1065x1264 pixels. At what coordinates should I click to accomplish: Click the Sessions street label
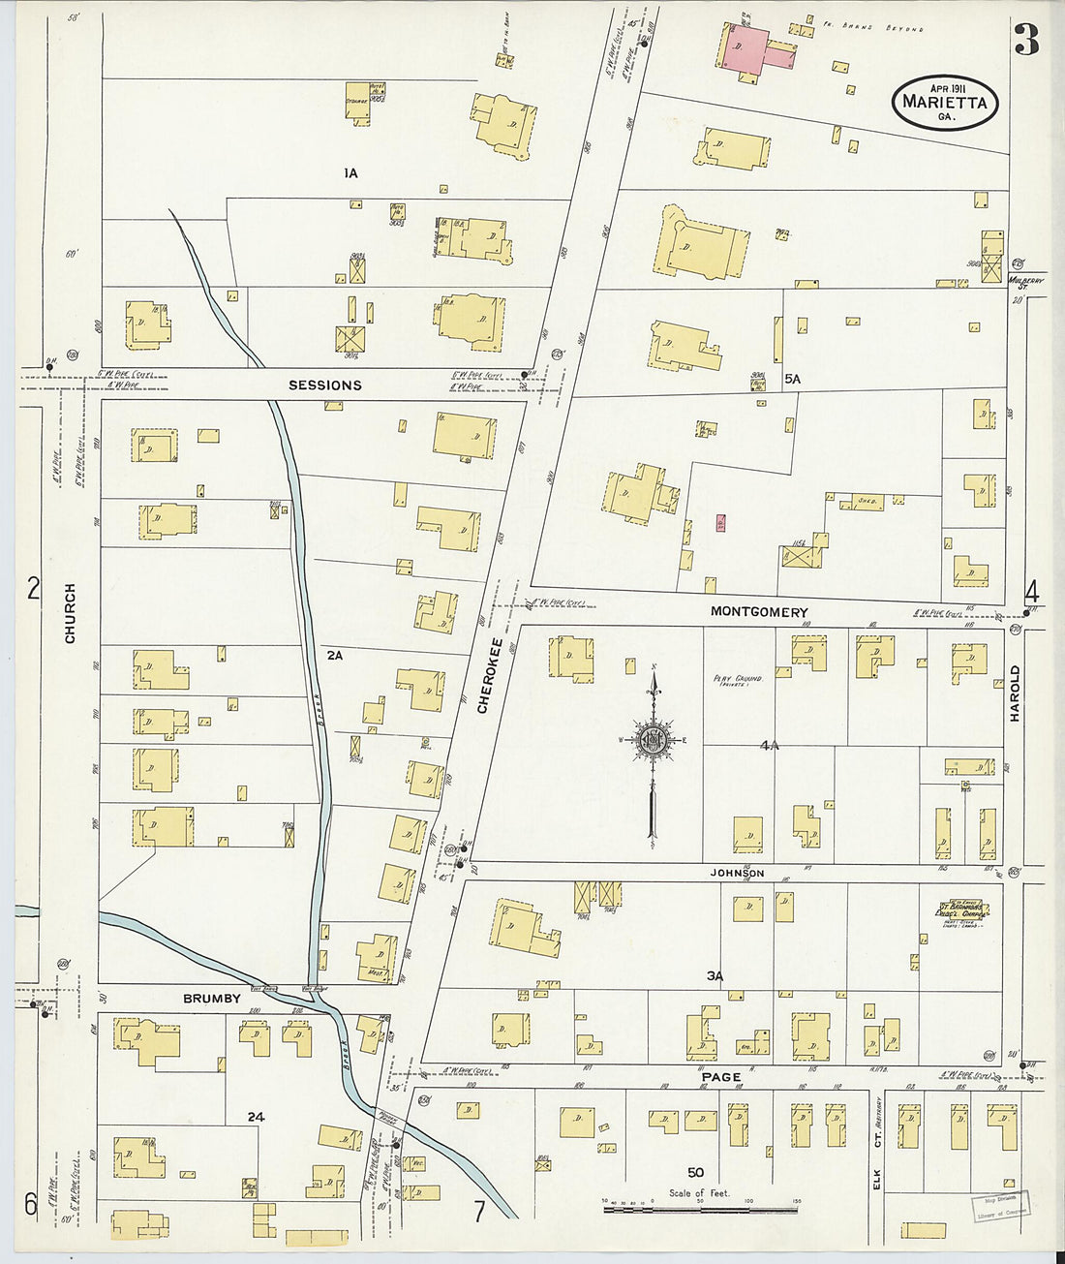[324, 385]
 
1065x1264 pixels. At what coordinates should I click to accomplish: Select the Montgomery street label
[759, 612]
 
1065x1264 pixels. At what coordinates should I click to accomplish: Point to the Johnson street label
[739, 874]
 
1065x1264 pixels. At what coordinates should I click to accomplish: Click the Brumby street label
[212, 999]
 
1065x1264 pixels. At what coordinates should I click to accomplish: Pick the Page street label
[721, 1077]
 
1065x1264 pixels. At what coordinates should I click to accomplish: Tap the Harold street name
[1016, 693]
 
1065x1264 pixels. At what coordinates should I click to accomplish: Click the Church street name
[70, 613]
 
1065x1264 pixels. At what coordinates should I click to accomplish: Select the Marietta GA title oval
[944, 102]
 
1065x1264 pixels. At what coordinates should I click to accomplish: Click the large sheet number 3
[1026, 41]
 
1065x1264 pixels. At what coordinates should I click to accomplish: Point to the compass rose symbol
[654, 742]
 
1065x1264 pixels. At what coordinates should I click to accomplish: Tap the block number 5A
[793, 380]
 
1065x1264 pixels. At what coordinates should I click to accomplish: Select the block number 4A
[770, 746]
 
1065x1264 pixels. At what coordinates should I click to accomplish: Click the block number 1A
[350, 173]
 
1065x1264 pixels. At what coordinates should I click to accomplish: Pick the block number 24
[256, 1117]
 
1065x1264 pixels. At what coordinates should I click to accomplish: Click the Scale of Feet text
[699, 1193]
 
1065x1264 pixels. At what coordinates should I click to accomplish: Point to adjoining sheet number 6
[31, 1204]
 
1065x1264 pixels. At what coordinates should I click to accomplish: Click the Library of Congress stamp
[1000, 1204]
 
